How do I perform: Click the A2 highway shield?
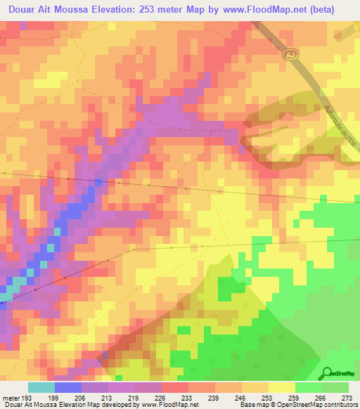pos(292,54)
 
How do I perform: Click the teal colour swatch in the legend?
pos(41,388)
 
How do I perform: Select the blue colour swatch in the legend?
pos(68,388)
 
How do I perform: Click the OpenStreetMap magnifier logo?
pos(327,373)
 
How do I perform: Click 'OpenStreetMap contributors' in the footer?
pos(319,404)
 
